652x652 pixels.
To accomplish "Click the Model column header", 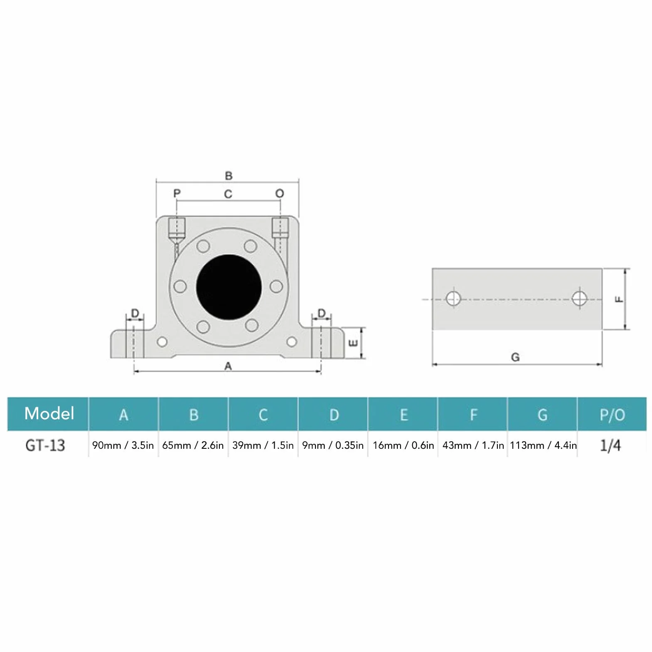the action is pyautogui.click(x=49, y=413).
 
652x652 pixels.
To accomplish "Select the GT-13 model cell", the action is pyautogui.click(x=45, y=445).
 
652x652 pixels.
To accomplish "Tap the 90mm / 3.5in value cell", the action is pyautogui.click(x=123, y=445).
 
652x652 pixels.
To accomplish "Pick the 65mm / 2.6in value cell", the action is pyautogui.click(x=193, y=445).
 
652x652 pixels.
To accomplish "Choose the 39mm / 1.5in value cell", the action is pyautogui.click(x=263, y=445).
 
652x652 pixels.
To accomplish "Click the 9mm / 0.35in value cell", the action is pyautogui.click(x=332, y=445).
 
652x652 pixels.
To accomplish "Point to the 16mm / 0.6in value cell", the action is pyautogui.click(x=403, y=445).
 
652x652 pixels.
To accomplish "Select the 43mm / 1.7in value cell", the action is pyautogui.click(x=473, y=445).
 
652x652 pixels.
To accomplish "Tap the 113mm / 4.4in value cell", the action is pyautogui.click(x=543, y=445).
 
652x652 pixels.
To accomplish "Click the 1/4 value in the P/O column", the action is pyautogui.click(x=610, y=445).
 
